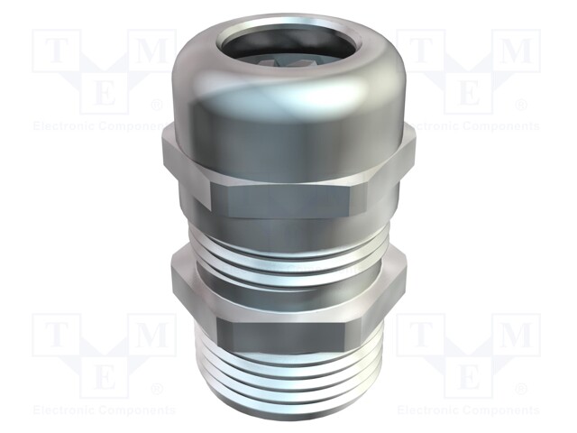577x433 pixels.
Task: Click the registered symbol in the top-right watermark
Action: [x=521, y=105]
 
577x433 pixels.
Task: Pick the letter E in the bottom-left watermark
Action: [x=105, y=374]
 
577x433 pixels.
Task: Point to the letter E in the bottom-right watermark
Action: [x=469, y=374]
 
